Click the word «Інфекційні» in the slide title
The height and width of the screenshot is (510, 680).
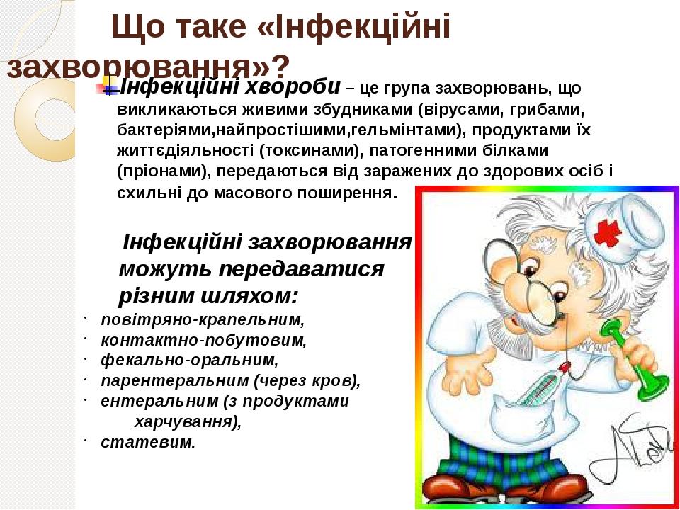pos(354,27)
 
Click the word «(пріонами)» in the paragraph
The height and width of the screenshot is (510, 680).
pos(164,171)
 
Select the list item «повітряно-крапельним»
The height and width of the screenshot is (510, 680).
pos(203,320)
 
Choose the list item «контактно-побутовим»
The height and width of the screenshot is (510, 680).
pos(204,341)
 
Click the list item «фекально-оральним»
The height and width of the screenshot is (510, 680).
pos(190,361)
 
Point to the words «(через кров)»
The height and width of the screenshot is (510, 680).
pos(307,381)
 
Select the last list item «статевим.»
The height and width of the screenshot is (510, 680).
pos(148,442)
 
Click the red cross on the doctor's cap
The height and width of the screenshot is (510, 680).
pos(608,233)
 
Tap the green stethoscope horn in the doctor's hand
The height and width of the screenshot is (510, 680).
pos(633,360)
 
